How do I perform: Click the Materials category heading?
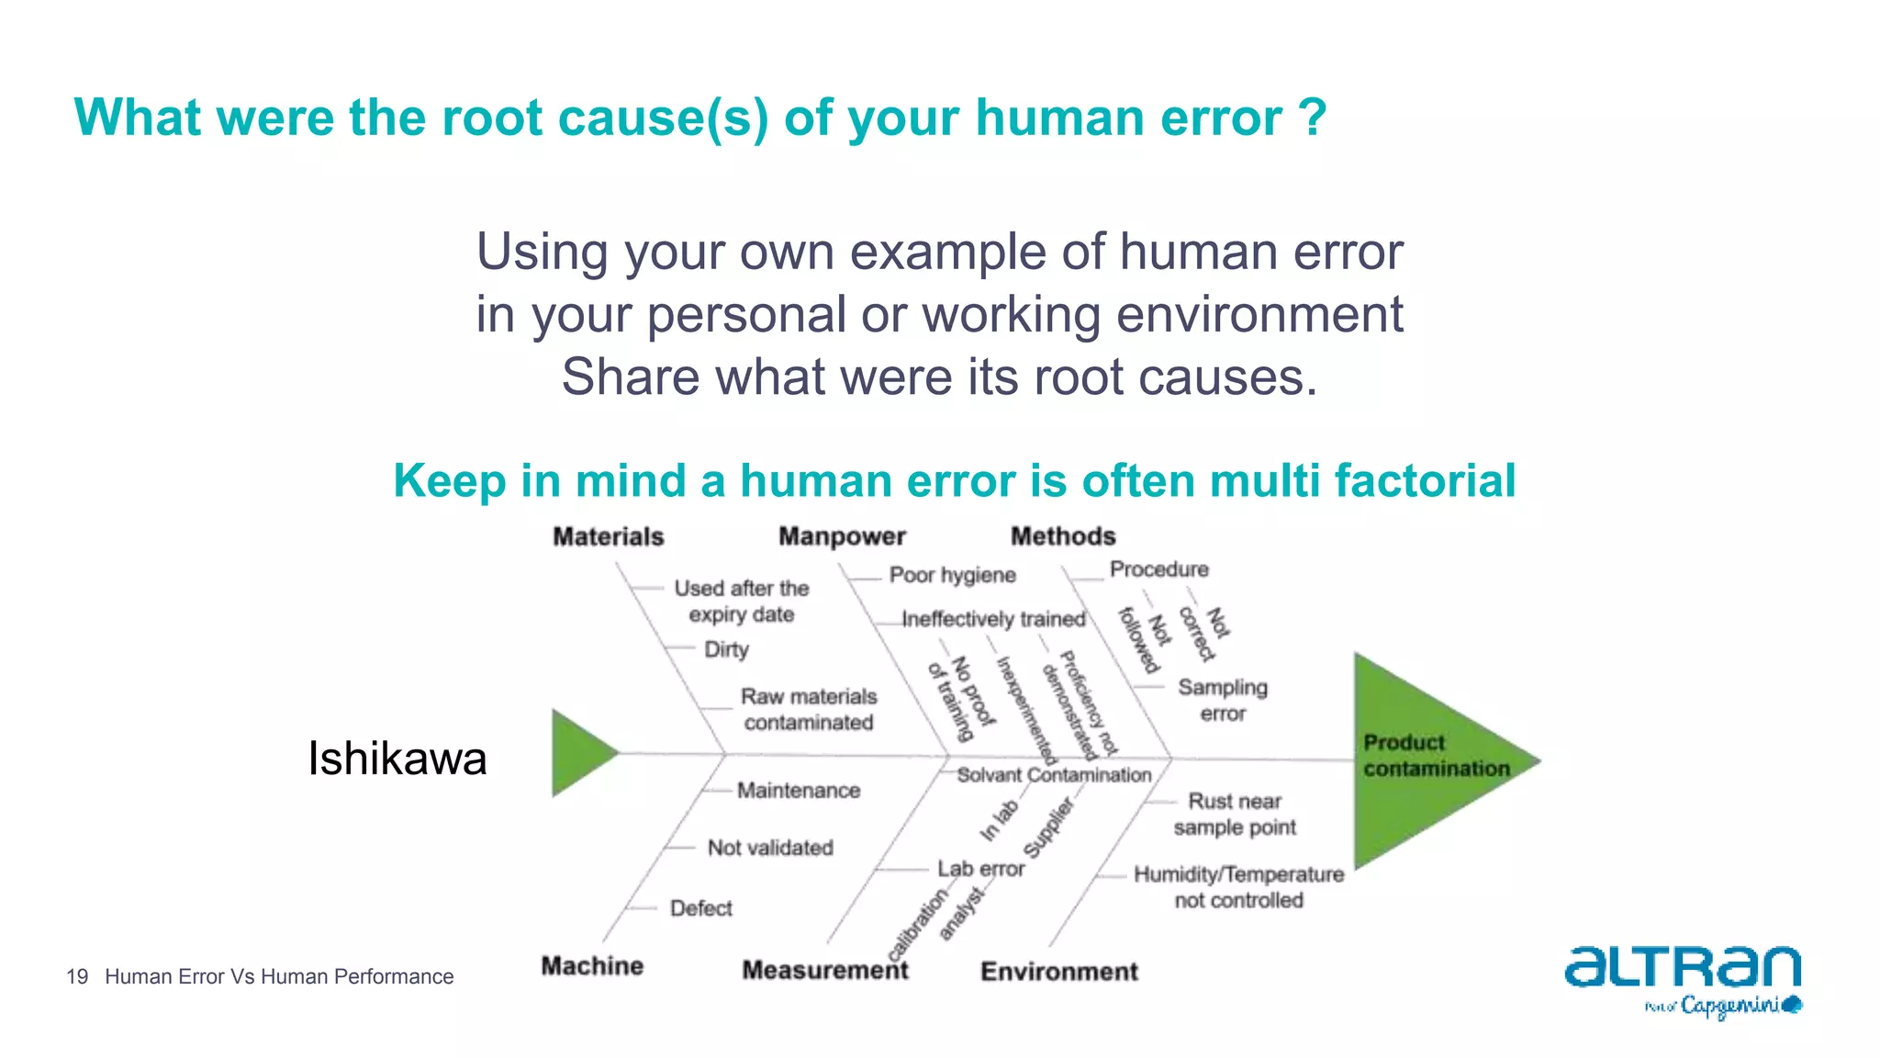coord(608,536)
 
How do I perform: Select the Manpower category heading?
coord(842,536)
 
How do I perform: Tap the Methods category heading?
coord(1063,536)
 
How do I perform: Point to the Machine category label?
coord(592,966)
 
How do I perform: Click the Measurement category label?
coord(824,970)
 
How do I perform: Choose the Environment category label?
coord(1058,971)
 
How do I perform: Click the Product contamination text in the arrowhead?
coord(1435,755)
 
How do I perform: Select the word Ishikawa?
coord(397,759)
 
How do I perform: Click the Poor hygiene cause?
coord(952,575)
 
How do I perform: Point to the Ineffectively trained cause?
coord(993,619)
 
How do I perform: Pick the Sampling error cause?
coord(1223,700)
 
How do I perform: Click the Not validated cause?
coord(770,848)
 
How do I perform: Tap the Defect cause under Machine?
coord(701,908)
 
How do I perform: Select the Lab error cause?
coord(980,869)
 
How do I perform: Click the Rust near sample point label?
coord(1235,814)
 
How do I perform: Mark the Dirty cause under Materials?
coord(726,649)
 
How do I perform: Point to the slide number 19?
coord(77,976)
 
